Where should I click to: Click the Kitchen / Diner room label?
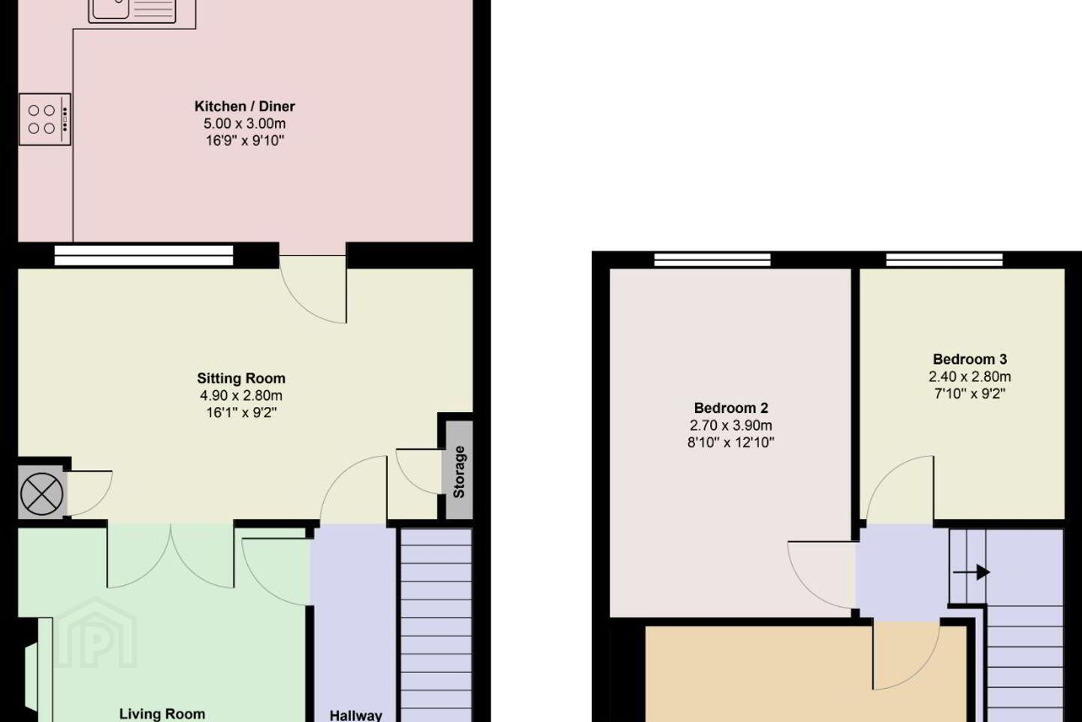point(244,106)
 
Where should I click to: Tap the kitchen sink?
point(132,11)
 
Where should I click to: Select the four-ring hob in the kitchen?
point(45,120)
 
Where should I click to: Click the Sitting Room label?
point(241,378)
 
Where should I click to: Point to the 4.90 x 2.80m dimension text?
point(241,396)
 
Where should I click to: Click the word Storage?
point(459,472)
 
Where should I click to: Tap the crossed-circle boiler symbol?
point(42,494)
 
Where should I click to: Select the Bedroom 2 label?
point(731,408)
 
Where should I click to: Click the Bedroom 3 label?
point(969,359)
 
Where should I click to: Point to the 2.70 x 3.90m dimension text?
point(731,426)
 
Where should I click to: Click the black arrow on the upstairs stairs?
point(971,572)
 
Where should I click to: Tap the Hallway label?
point(355,716)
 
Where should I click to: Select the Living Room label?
point(162,714)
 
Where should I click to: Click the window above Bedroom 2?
point(712,259)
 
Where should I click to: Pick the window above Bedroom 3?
point(944,259)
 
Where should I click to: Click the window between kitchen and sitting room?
point(144,256)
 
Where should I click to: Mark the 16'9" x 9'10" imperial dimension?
point(244,141)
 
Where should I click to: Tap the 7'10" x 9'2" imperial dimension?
point(969,394)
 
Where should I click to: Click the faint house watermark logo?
point(95,633)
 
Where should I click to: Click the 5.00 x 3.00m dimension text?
point(244,124)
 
